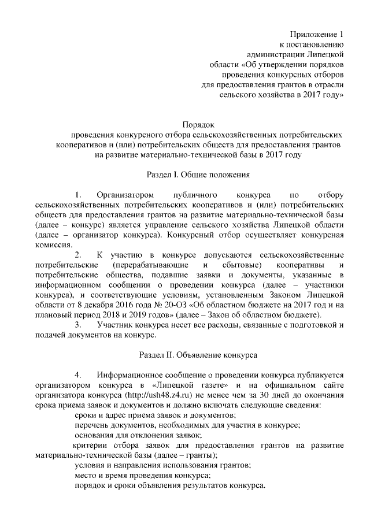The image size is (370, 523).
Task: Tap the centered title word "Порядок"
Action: point(198,124)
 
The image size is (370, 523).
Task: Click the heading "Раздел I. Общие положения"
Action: point(198,173)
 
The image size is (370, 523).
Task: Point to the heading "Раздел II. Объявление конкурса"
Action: point(198,352)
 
